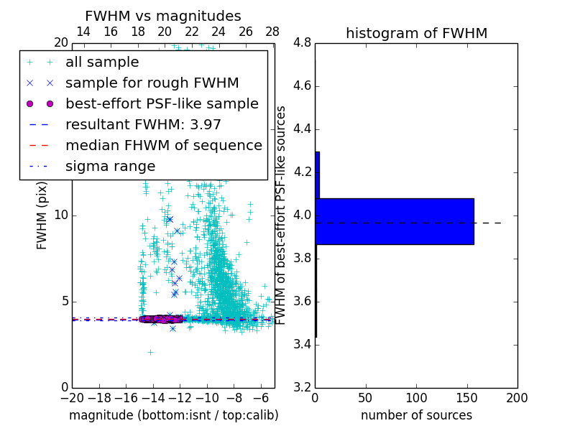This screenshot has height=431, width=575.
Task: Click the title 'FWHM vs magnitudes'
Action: click(163, 17)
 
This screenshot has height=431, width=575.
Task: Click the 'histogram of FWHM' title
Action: click(416, 33)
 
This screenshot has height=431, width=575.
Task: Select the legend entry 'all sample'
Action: click(102, 62)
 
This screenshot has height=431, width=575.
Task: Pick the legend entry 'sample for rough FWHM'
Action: click(152, 83)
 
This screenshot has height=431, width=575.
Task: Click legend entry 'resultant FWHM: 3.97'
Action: click(143, 124)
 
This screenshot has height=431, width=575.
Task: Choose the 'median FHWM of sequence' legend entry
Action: click(163, 145)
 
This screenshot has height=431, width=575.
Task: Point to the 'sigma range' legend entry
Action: click(110, 166)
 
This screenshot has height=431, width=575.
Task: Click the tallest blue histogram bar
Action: click(394, 221)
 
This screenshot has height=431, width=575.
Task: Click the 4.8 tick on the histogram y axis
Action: click(303, 43)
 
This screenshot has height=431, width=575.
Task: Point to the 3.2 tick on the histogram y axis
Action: click(303, 387)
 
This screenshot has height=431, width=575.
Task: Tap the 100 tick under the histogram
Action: click(416, 398)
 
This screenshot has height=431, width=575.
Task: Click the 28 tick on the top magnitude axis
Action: click(272, 32)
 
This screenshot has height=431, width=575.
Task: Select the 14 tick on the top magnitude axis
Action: click(83, 32)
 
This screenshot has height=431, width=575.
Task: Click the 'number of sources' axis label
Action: click(416, 415)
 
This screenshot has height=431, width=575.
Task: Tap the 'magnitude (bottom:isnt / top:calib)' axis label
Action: click(173, 415)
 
